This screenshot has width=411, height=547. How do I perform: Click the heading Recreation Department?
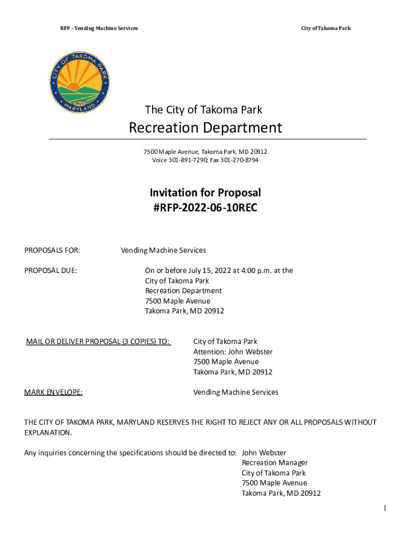(205, 128)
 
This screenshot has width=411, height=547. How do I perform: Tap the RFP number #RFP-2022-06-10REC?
(205, 208)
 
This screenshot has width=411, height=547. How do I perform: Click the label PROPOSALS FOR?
(52, 250)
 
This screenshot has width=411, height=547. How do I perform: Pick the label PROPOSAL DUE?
(51, 270)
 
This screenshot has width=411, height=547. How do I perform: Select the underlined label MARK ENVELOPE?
(53, 393)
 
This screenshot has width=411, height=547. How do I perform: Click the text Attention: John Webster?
(233, 352)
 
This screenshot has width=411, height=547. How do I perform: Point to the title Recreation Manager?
(275, 463)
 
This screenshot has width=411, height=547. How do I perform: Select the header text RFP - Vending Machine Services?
(99, 28)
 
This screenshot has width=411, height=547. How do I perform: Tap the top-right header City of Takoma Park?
(326, 28)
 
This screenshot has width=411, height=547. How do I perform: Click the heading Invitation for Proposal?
(205, 193)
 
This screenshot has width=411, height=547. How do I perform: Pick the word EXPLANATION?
(48, 433)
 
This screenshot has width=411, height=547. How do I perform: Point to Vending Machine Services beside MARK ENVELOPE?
(235, 393)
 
